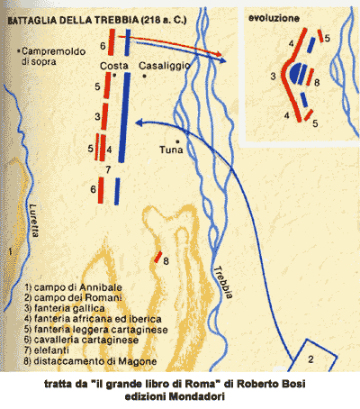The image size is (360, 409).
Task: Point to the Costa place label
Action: (113, 66)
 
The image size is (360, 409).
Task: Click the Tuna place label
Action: (171, 150)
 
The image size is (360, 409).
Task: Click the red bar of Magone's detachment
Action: (157, 259)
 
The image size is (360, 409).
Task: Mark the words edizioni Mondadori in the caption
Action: (179, 395)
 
